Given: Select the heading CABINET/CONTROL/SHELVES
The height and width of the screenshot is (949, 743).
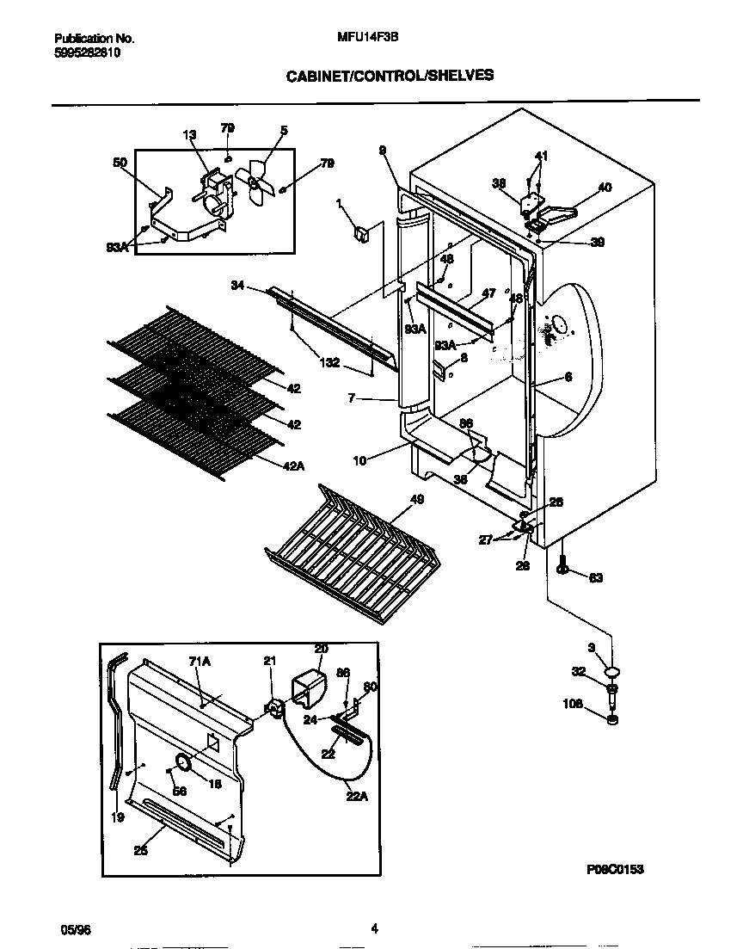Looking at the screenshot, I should pyautogui.click(x=390, y=76).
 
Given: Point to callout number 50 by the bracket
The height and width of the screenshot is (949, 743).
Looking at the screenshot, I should pyautogui.click(x=120, y=162).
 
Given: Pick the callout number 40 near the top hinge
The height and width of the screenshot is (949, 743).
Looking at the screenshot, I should pyautogui.click(x=605, y=188).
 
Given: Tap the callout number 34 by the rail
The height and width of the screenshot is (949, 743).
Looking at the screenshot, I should pyautogui.click(x=238, y=284).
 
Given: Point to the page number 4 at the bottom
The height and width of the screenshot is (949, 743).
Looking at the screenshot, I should pyautogui.click(x=374, y=928).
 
